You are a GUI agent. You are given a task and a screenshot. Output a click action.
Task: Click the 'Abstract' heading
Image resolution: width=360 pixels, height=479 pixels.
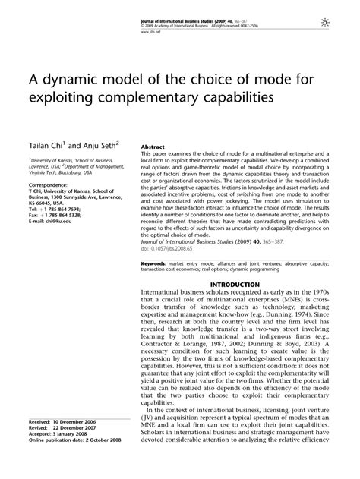(152, 146)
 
